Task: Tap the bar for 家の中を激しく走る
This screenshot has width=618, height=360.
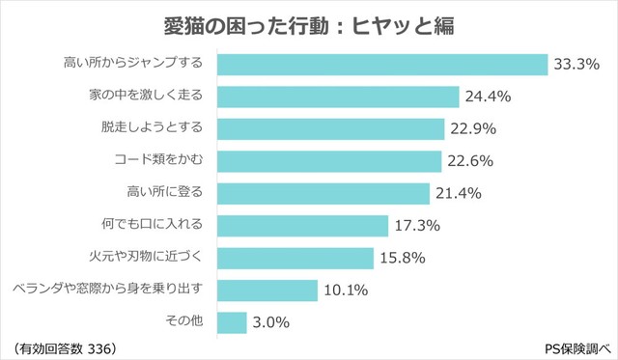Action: pyautogui.click(x=338, y=97)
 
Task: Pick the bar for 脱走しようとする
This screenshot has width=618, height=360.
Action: pyautogui.click(x=330, y=128)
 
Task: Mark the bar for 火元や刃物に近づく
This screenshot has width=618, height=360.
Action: pyautogui.click(x=295, y=258)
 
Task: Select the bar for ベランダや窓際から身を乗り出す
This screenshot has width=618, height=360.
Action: pyautogui.click(x=267, y=291)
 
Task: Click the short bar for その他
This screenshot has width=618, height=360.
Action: pyautogui.click(x=232, y=322)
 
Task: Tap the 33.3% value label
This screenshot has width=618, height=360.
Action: pyautogui.click(x=577, y=65)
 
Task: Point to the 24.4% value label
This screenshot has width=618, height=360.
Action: pyautogui.click(x=489, y=97)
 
